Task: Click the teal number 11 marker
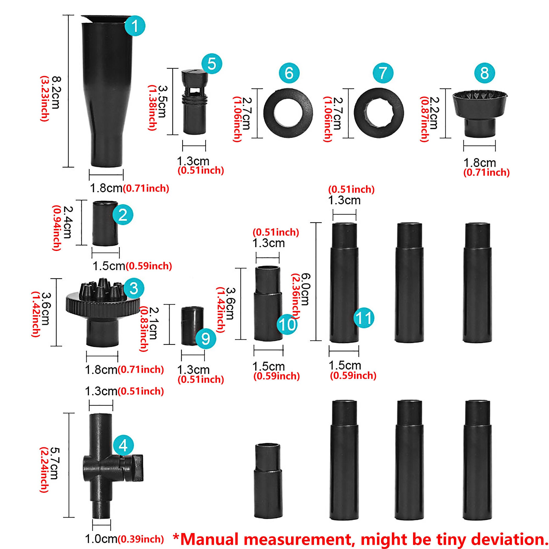pyautogui.click(x=364, y=318)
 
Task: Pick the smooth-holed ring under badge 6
pyautogui.click(x=288, y=113)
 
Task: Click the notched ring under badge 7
pyautogui.click(x=379, y=113)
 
